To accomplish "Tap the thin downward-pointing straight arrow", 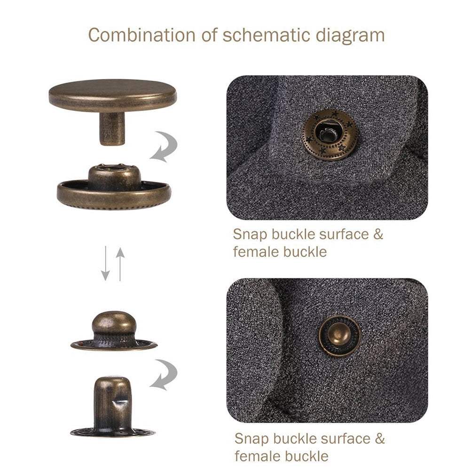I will (106, 263).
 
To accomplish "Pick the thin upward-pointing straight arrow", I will (120, 263).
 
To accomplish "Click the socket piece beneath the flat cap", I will (114, 188).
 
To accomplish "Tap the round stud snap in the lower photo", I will (340, 336).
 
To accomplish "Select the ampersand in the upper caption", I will (378, 234).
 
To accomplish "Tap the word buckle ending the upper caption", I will (305, 251).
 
